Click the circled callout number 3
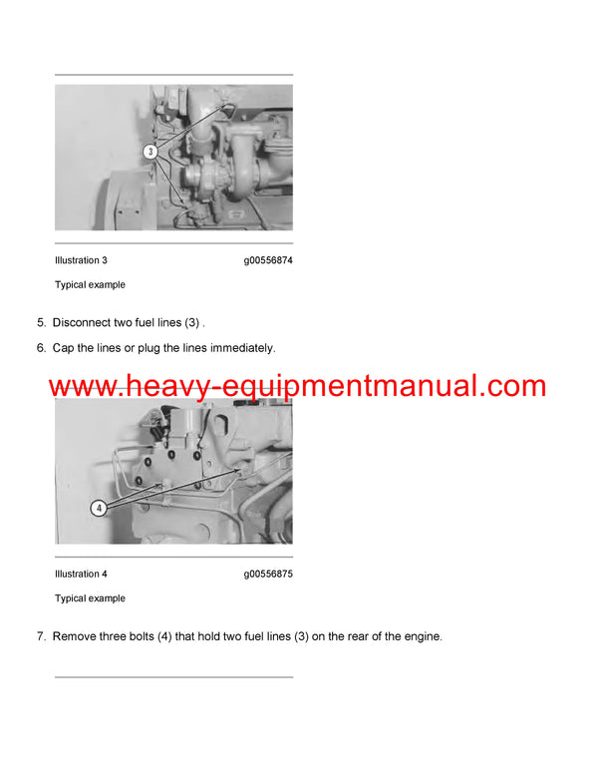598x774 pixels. pos(149,153)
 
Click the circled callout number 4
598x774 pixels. pos(99,508)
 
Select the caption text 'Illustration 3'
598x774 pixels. pos(81,260)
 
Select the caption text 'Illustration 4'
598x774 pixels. pos(81,575)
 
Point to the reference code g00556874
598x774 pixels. pos(267,260)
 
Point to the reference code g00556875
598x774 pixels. pos(267,575)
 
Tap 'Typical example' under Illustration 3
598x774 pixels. pos(90,285)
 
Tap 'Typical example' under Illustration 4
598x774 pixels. pos(90,598)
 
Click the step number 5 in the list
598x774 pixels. pos(41,323)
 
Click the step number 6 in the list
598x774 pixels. pos(41,348)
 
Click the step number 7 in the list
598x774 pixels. pos(41,636)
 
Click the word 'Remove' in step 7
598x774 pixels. pos(76,636)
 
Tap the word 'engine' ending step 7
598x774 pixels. pos(419,636)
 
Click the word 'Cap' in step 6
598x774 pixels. pos(64,348)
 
